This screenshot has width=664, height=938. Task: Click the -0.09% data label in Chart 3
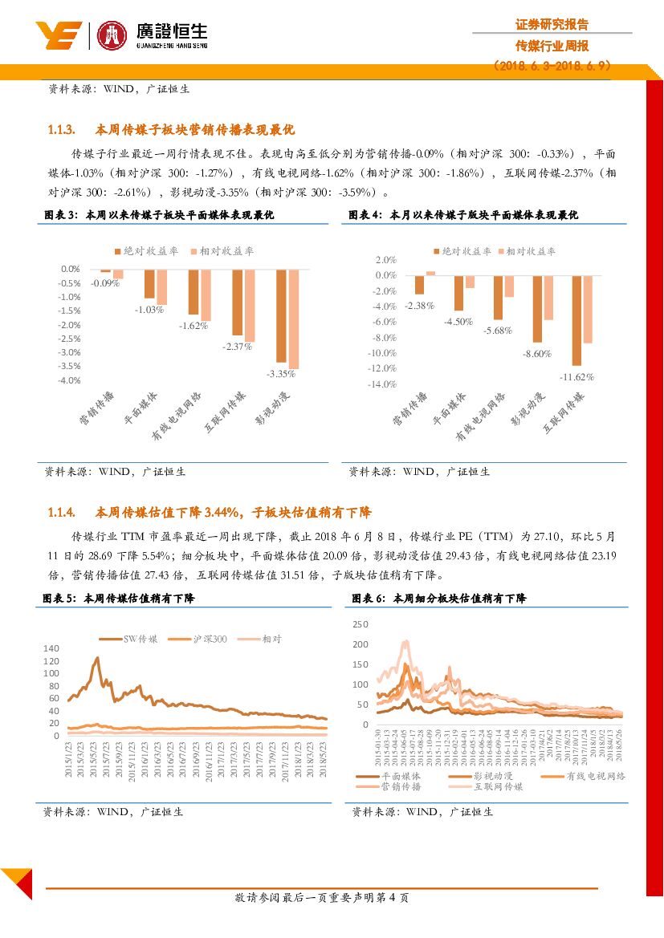tap(105, 283)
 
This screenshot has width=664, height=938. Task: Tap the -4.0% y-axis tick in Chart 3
tap(69, 380)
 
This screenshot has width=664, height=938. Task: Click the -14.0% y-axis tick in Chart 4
tap(383, 384)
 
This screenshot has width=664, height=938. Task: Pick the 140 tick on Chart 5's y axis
tap(51, 648)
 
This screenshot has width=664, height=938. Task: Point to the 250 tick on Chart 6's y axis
tap(360, 624)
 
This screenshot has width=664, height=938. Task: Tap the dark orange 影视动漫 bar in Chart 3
tap(281, 316)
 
